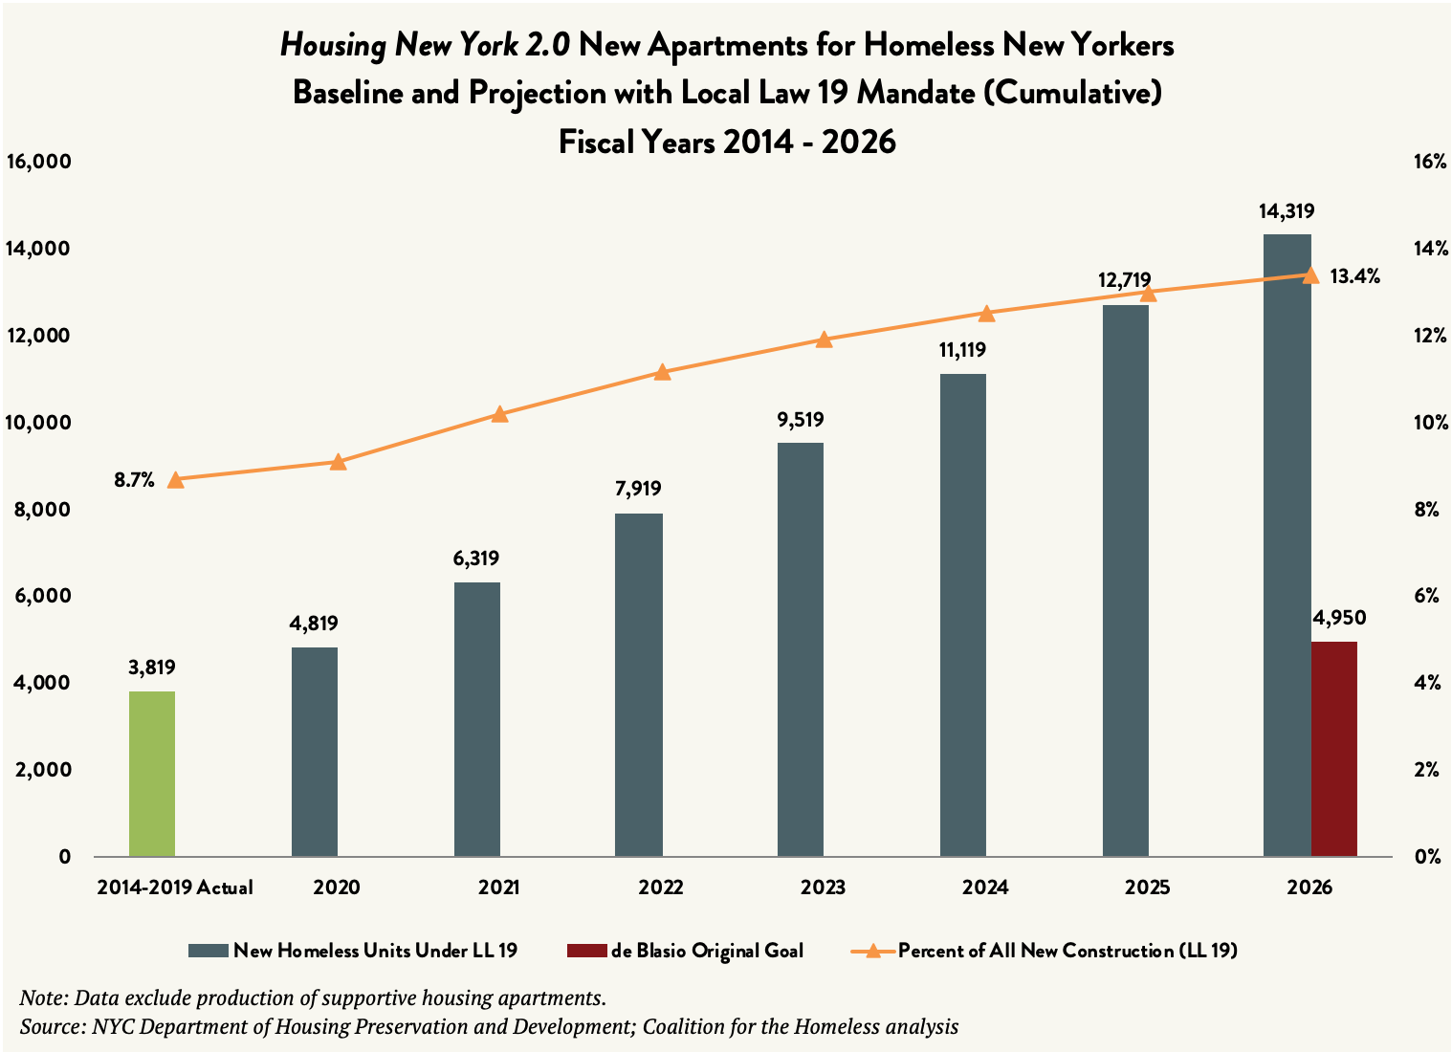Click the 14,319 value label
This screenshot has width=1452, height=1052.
click(1287, 211)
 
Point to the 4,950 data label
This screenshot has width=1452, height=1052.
click(1339, 618)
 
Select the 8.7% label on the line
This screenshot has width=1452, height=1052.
click(134, 480)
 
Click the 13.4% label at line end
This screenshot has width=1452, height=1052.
click(1354, 276)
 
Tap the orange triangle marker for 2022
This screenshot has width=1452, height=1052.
click(662, 372)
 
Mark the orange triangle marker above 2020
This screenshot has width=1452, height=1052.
click(338, 462)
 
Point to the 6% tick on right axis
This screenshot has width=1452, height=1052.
click(1426, 596)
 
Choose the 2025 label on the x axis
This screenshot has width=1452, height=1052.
click(1147, 888)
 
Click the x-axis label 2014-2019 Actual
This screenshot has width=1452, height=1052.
click(175, 888)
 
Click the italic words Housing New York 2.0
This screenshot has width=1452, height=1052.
click(426, 45)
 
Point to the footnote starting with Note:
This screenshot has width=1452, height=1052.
click(313, 998)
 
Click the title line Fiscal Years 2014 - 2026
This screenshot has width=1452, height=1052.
click(727, 142)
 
